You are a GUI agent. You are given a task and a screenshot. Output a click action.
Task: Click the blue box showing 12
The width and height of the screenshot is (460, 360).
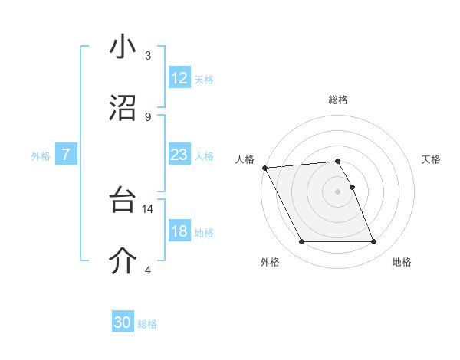pos(179,77)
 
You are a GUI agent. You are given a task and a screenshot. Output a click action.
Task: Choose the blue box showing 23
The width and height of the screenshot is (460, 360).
pos(179,155)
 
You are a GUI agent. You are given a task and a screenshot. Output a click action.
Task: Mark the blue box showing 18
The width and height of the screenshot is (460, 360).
pos(179,231)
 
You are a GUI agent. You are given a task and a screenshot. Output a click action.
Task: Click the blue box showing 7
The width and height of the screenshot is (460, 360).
pos(66,155)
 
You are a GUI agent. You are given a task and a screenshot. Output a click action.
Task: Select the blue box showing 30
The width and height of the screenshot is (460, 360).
pos(123,322)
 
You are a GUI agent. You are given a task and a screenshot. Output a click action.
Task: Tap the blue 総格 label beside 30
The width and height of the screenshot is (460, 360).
pos(147,324)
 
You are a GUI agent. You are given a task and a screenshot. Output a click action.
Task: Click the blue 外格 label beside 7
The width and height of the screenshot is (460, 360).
pos(41,156)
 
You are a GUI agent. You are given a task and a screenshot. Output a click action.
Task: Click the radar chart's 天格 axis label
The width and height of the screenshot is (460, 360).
pos(431,159)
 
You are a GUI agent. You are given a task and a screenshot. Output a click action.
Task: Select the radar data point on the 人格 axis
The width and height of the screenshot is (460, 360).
pos(264,168)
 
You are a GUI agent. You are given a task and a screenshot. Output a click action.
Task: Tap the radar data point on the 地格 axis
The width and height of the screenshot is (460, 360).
pos(373,242)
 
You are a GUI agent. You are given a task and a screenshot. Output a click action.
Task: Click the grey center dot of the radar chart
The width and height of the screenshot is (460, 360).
pos(337,191)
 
